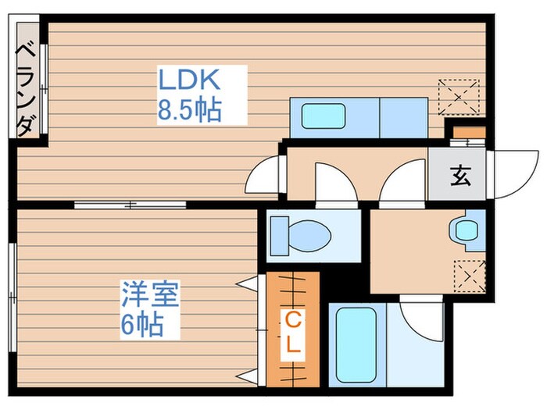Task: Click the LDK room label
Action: tap(191, 80)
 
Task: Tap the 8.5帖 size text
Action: tap(190, 110)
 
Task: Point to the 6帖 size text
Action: tap(141, 323)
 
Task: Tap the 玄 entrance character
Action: tap(459, 176)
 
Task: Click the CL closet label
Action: tap(292, 331)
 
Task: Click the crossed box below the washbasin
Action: tap(469, 274)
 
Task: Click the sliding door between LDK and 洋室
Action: tap(130, 205)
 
